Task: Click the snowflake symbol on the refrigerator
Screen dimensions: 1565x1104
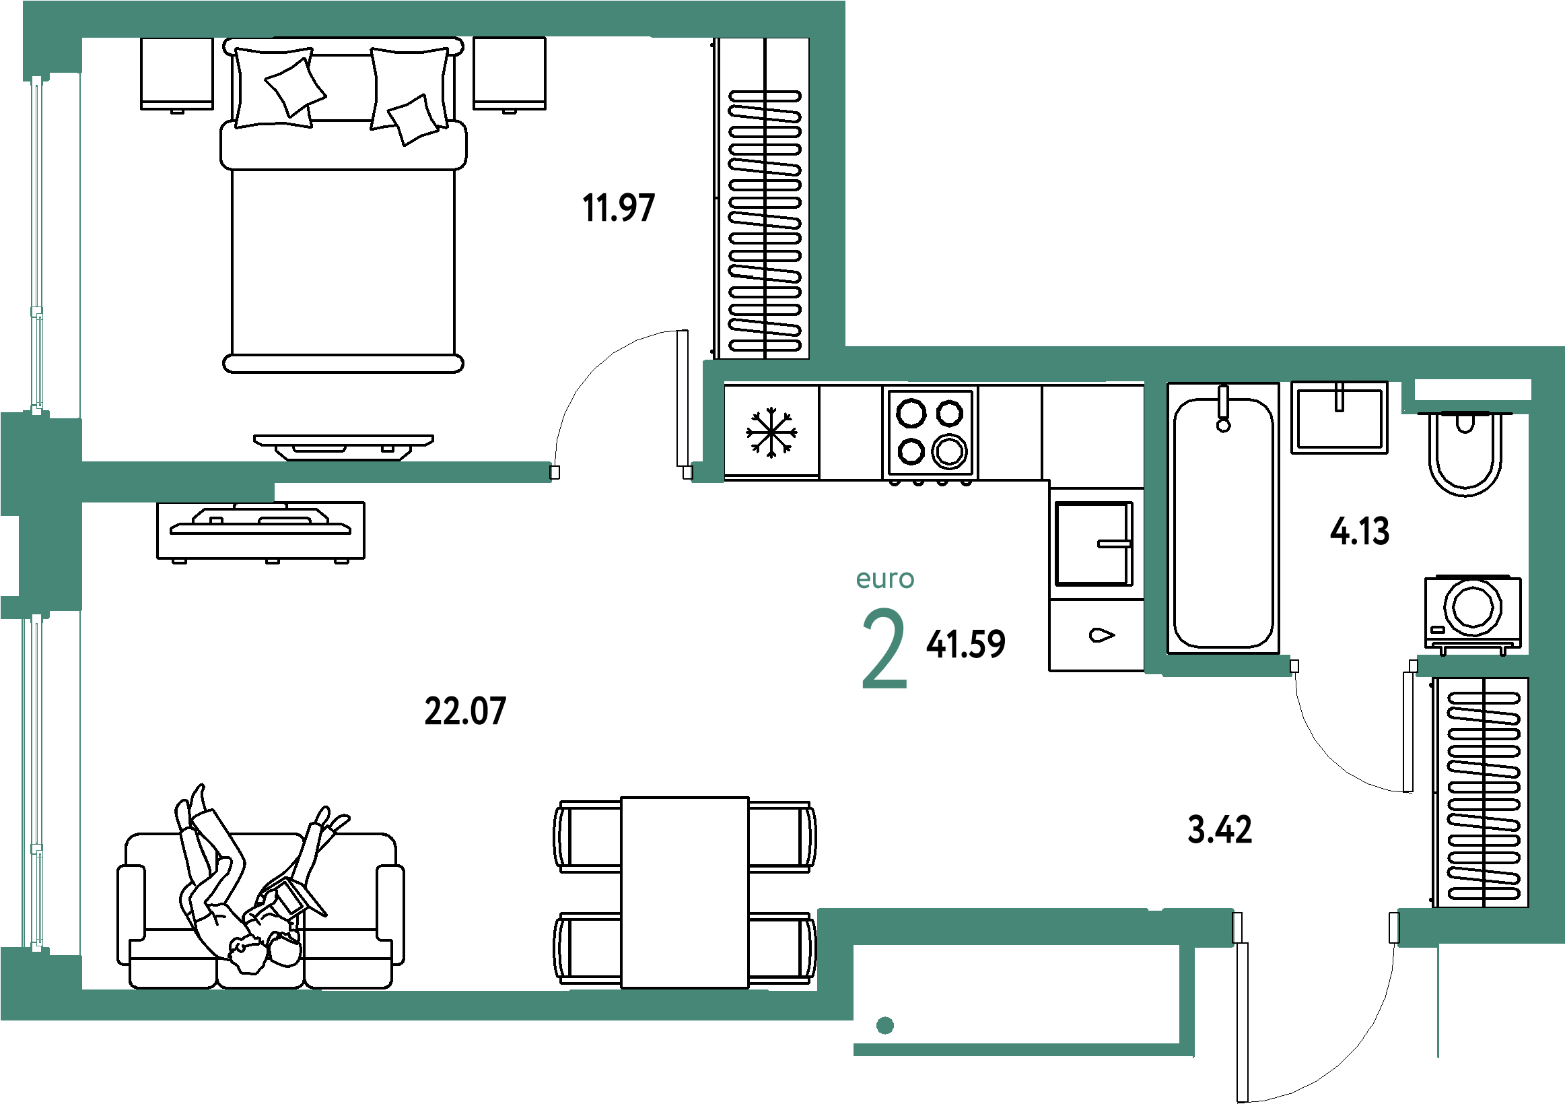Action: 771,432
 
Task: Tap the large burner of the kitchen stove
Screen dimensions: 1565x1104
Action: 950,451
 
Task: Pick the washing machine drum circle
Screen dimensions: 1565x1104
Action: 1472,606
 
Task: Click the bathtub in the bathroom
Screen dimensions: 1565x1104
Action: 1224,518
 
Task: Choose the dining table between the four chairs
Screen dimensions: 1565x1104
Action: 685,892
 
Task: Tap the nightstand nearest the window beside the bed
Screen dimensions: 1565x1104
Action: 176,73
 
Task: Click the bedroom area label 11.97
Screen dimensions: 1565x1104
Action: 618,208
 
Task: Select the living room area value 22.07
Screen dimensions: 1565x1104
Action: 465,711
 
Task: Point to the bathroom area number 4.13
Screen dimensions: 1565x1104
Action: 1359,531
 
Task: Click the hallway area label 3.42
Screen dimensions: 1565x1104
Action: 1220,830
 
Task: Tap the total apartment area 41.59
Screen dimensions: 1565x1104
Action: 965,645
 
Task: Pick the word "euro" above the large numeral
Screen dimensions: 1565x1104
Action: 884,579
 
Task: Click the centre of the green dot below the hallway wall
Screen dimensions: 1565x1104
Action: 884,1025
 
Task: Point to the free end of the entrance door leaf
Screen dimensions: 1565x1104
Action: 1242,1099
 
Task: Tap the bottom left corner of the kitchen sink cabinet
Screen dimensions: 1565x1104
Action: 1049,671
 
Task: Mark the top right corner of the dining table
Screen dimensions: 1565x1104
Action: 749,797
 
